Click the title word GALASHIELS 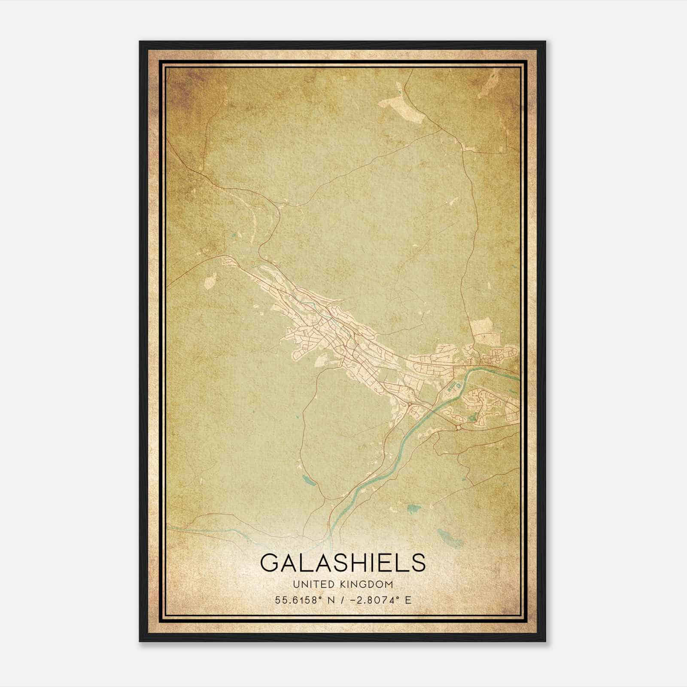coord(343,562)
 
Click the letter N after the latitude coord(331,600)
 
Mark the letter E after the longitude coord(408,600)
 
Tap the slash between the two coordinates coord(341,600)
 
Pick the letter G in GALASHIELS coord(269,562)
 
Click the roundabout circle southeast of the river coord(459,427)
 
